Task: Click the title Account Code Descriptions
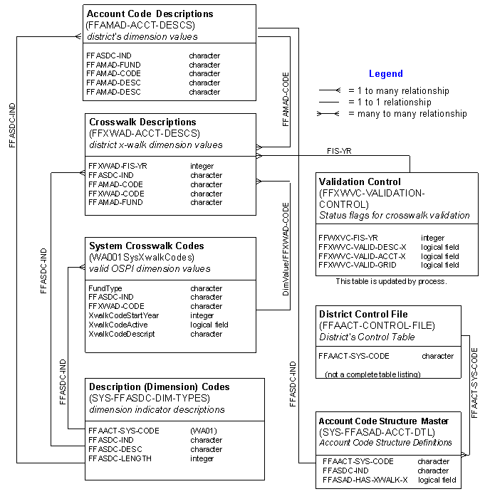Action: [x=150, y=14]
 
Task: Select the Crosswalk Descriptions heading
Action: [x=142, y=122]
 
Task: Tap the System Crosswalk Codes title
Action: [x=147, y=246]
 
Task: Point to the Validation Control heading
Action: [x=360, y=182]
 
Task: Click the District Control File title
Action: [x=363, y=314]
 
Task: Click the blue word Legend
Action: [x=386, y=74]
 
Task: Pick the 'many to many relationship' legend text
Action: [x=407, y=114]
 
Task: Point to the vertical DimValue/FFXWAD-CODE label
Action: [x=286, y=249]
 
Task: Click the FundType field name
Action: [x=105, y=288]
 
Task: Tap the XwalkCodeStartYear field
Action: [x=123, y=315]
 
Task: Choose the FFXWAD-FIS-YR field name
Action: [x=118, y=166]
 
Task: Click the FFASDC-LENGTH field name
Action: [x=120, y=458]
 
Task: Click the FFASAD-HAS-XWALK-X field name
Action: [x=365, y=480]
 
